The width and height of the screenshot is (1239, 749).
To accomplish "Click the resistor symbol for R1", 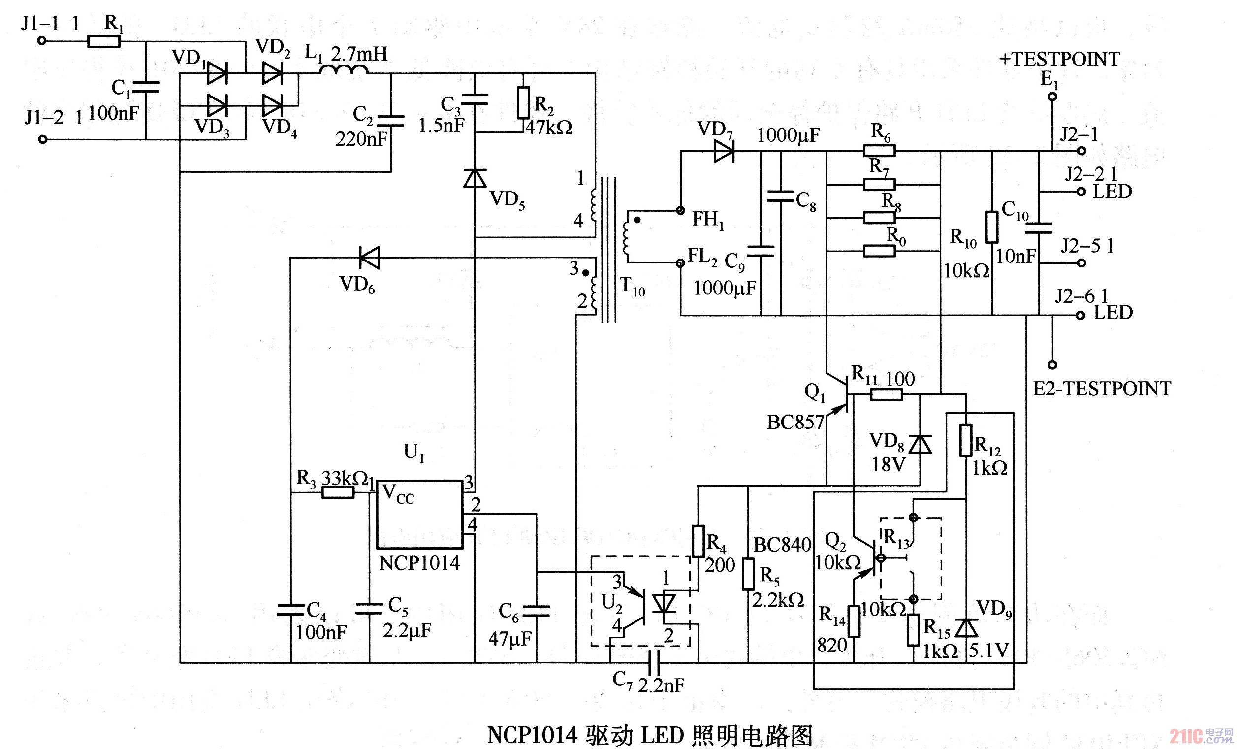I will [x=104, y=41].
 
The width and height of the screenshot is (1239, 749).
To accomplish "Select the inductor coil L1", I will [x=344, y=71].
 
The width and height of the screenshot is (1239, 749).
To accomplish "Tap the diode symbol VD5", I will [x=475, y=178].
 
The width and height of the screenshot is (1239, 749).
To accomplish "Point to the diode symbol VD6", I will [x=370, y=258].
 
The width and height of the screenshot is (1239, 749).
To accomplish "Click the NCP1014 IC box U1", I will [x=419, y=514].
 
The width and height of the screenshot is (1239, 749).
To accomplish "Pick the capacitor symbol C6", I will [x=536, y=611].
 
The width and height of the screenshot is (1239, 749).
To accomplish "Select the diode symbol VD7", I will [x=724, y=151].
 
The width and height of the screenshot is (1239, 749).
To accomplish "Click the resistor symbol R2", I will [x=523, y=102].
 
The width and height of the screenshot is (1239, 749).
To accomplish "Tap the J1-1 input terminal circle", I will [x=43, y=41].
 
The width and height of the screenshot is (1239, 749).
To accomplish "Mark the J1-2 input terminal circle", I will [x=43, y=139].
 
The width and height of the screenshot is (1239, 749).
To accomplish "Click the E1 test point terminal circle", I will [x=1051, y=97].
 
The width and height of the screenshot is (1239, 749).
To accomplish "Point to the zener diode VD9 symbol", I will [x=966, y=628].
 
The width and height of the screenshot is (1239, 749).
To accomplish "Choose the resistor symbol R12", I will [x=965, y=441].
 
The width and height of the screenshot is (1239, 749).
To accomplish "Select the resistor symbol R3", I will [x=338, y=492].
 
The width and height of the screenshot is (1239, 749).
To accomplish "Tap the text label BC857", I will [x=795, y=423].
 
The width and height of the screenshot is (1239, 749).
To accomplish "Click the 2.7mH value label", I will [x=360, y=53].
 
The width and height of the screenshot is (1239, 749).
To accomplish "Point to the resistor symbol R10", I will [x=991, y=228].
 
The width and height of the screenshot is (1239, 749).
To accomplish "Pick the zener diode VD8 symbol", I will [x=920, y=445].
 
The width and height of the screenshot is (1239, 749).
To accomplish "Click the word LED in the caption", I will [x=662, y=735].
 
